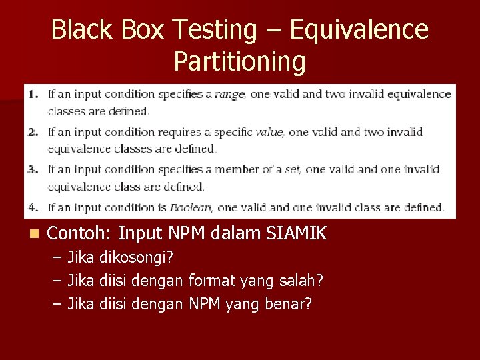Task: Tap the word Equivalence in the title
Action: click(x=360, y=30)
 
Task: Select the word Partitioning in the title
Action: click(x=240, y=61)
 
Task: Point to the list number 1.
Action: click(x=33, y=94)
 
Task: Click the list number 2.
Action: click(x=33, y=131)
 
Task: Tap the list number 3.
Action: click(x=33, y=169)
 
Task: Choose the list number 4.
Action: click(x=33, y=207)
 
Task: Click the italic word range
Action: click(x=230, y=95)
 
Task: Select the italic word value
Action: click(x=269, y=132)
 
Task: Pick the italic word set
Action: click(x=293, y=169)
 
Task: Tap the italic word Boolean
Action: click(x=190, y=207)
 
